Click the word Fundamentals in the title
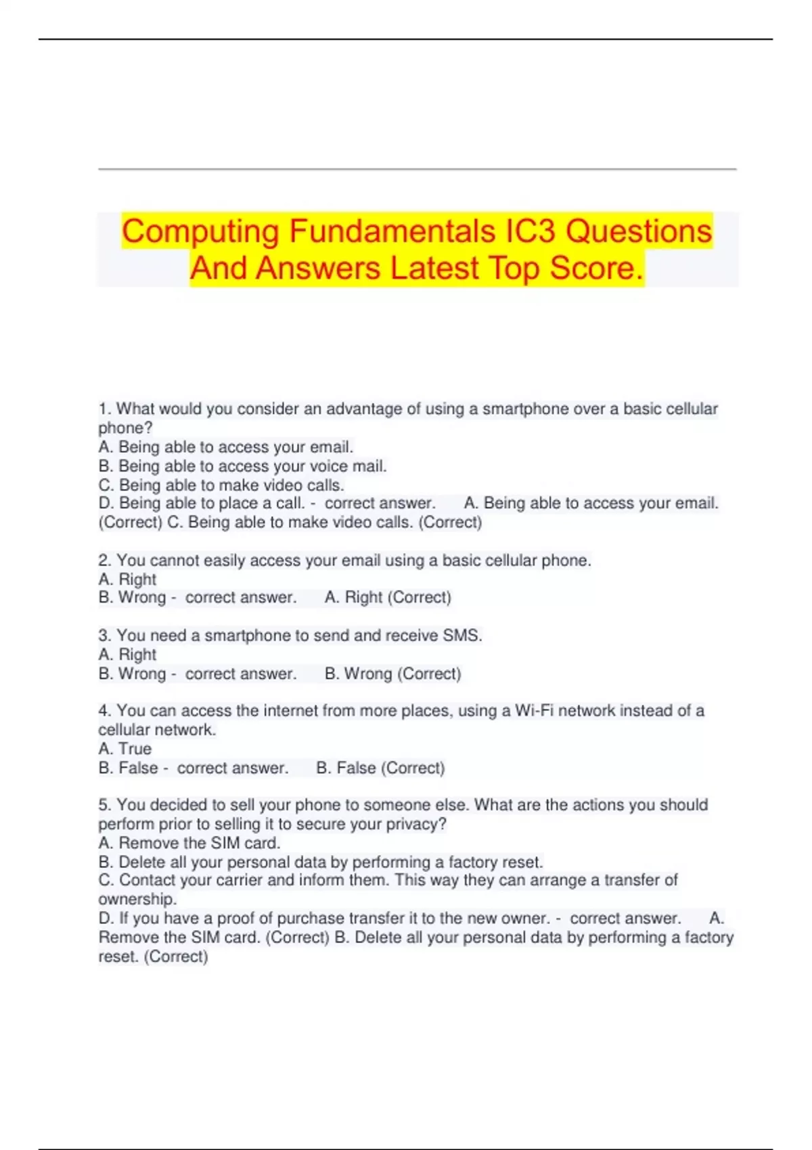pyautogui.click(x=392, y=231)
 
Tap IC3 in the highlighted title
pyautogui.click(x=531, y=231)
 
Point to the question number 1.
pyautogui.click(x=104, y=409)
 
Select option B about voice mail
pyautogui.click(x=243, y=466)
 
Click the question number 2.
pyautogui.click(x=104, y=561)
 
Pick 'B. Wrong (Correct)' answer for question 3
pyautogui.click(x=392, y=674)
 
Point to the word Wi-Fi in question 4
pyautogui.click(x=531, y=711)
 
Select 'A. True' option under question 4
pyautogui.click(x=125, y=749)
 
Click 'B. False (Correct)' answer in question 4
pyautogui.click(x=380, y=768)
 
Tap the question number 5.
pyautogui.click(x=104, y=805)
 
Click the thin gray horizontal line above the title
pyautogui.click(x=417, y=169)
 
